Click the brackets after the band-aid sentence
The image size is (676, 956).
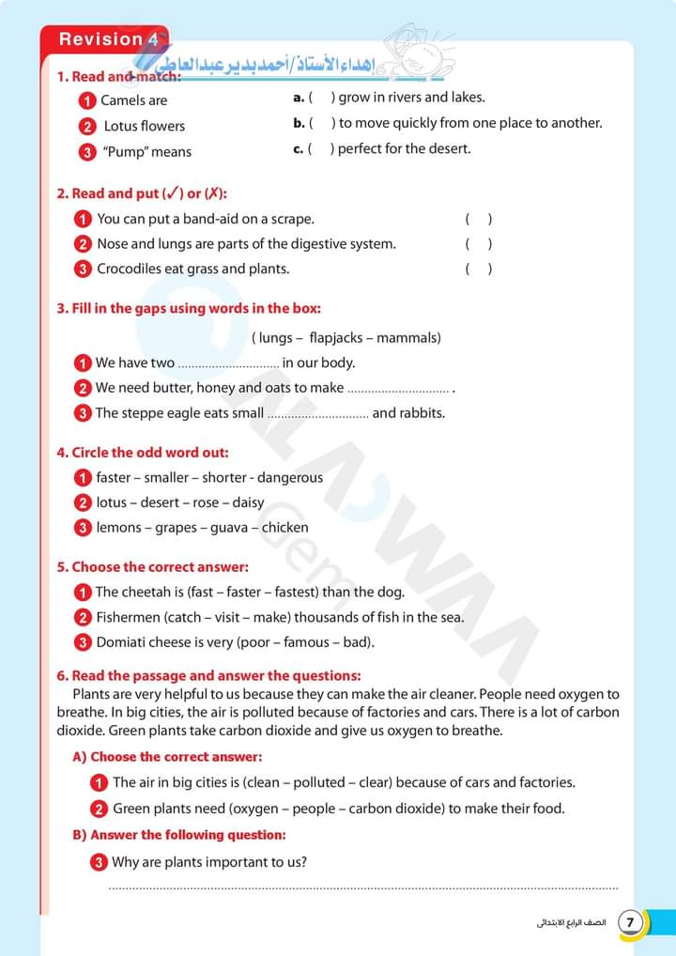(478, 220)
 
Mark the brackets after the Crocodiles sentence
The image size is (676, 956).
(478, 270)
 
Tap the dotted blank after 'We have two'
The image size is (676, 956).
(228, 363)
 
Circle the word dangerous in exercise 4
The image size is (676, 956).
(290, 478)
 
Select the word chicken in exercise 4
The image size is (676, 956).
(284, 528)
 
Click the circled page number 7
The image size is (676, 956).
(630, 922)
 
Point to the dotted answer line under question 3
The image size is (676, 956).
(363, 887)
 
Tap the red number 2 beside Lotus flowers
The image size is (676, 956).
(87, 127)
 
